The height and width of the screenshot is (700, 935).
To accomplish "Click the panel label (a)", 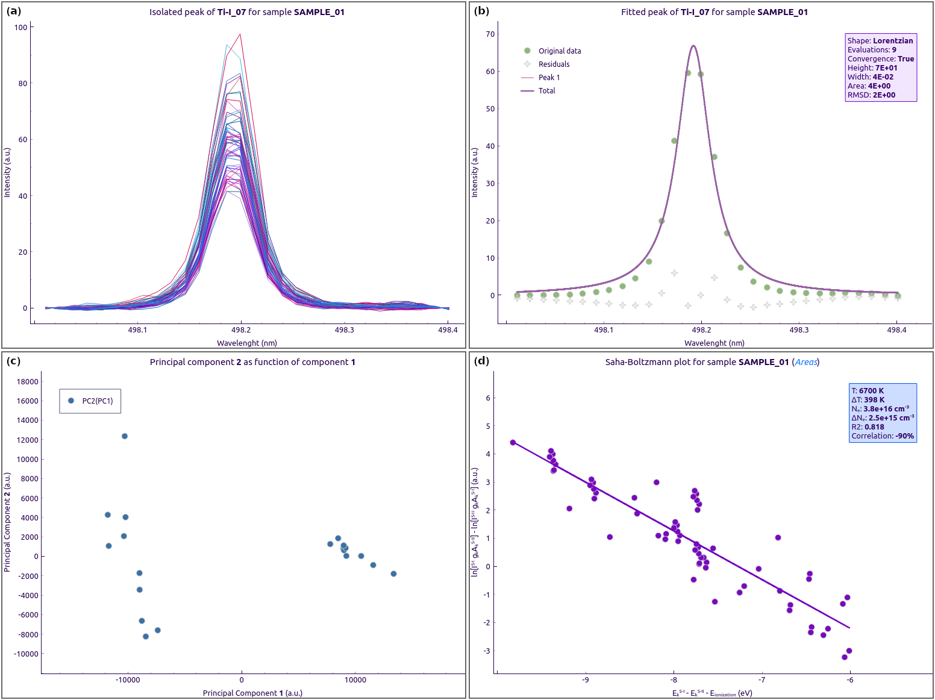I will pos(13,11).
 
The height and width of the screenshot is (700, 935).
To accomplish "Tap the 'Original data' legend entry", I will pos(559,51).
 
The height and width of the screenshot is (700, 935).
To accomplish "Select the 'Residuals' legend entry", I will pos(554,64).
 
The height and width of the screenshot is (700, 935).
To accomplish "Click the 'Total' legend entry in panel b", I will pos(546,91).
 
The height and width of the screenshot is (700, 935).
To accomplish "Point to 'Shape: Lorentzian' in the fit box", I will pos(880,41).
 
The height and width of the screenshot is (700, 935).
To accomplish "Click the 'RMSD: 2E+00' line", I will pos(871,95).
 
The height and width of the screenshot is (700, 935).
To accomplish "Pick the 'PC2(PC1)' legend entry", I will pos(97,401).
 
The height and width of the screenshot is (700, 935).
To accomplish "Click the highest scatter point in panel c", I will pos(125,436).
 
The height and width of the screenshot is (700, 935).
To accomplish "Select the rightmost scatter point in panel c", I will pos(393,574).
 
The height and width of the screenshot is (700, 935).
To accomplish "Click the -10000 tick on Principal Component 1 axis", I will pos(128,680).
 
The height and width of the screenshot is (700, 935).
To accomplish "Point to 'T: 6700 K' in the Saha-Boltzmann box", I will pos(868,391).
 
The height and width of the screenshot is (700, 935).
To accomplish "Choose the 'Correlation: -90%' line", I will pos(883,436).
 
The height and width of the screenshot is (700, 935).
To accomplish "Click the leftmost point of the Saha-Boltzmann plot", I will pos(513,443).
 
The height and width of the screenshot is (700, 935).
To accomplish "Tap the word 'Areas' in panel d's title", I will pos(806,362).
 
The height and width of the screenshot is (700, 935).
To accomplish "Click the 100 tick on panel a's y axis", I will pos(21,28).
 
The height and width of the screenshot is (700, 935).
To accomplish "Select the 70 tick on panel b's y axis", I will pos(490,34).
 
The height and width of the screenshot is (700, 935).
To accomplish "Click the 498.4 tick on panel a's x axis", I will pos(448,330).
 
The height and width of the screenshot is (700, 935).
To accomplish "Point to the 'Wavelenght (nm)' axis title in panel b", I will pos(715,343).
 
